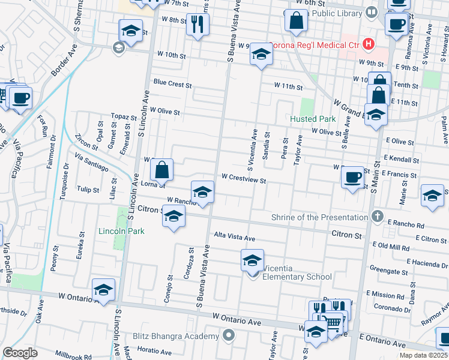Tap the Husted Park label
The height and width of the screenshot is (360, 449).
click(x=312, y=119)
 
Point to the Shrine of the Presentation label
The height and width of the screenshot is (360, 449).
click(x=319, y=217)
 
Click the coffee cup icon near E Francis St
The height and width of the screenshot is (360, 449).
click(x=352, y=177)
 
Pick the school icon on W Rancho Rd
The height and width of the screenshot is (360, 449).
click(x=203, y=192)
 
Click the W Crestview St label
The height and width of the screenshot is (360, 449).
click(x=243, y=178)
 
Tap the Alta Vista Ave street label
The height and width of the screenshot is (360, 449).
click(x=235, y=238)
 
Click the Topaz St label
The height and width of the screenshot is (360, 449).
click(x=124, y=116)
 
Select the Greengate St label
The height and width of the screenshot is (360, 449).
click(x=389, y=269)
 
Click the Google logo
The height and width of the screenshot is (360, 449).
click(x=20, y=353)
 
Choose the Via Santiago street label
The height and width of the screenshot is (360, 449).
click(x=92, y=162)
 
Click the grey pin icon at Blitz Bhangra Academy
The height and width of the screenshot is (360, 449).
click(x=228, y=335)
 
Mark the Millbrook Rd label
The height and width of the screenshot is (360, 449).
click(x=71, y=355)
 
